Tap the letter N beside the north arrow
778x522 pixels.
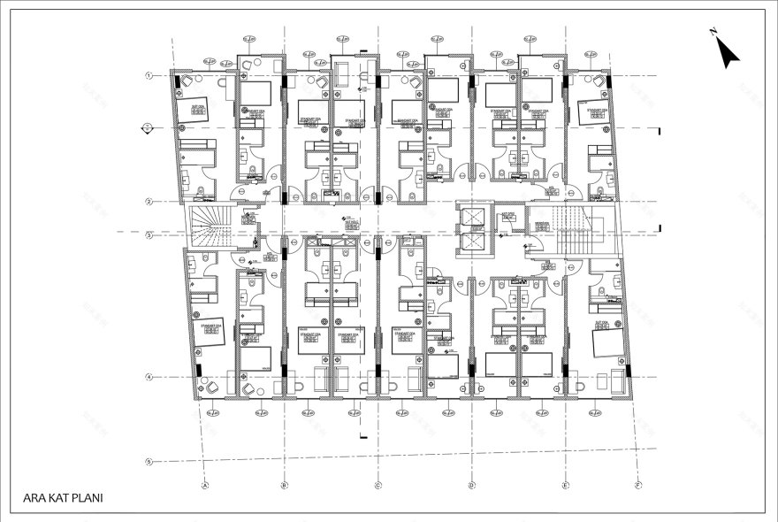coord(713,32)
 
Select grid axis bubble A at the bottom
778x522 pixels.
coord(205,485)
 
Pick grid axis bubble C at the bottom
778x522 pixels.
coord(378,485)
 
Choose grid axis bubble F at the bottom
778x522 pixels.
coord(637,485)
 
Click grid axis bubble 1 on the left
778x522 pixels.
coord(150,75)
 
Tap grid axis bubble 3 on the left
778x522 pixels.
coord(150,234)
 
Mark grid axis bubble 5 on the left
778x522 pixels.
coord(150,461)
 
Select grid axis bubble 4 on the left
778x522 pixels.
coord(150,378)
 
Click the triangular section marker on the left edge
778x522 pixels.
coord(147,129)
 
